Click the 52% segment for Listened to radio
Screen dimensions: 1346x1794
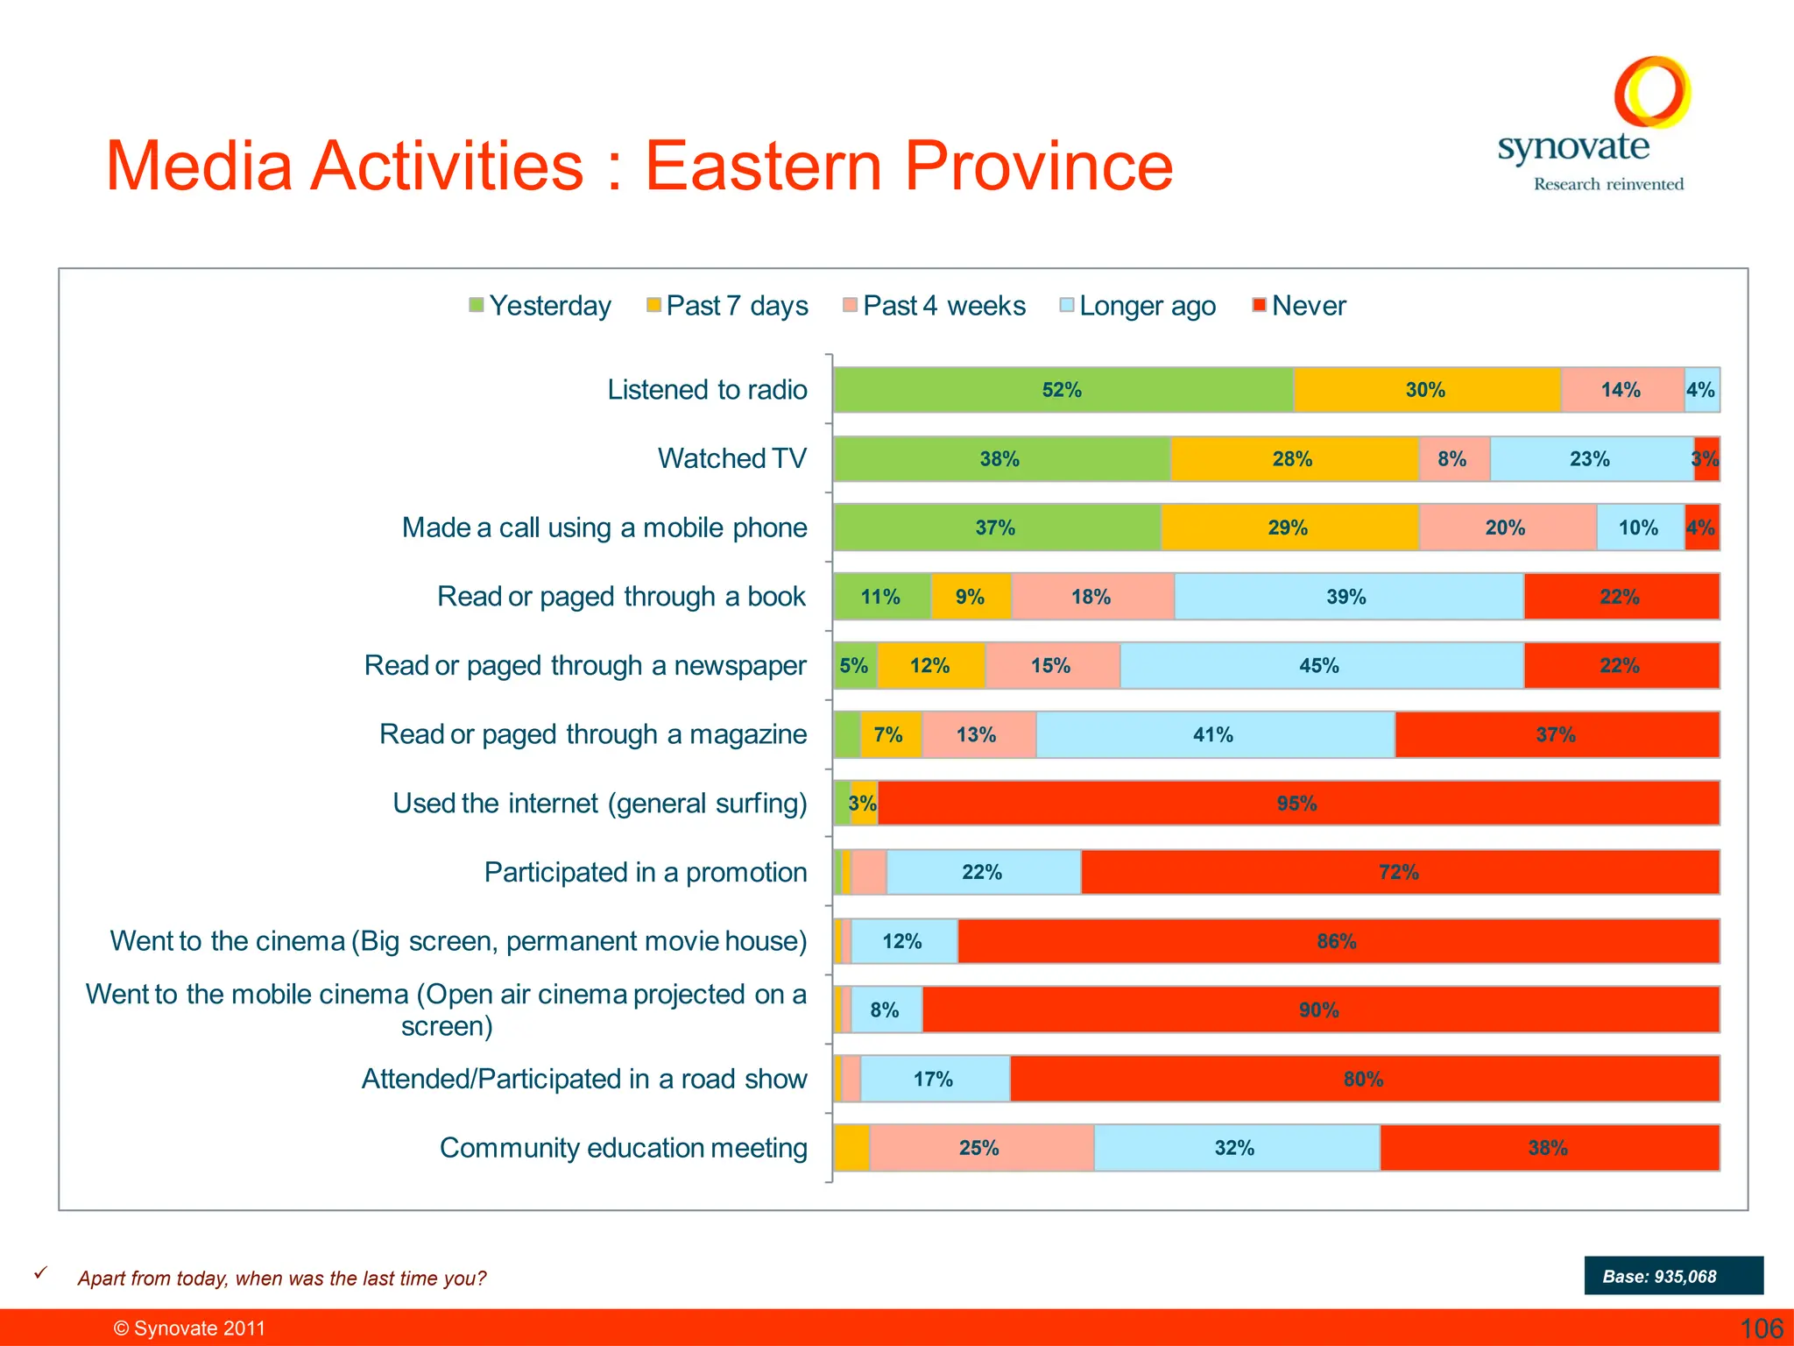pyautogui.click(x=1063, y=390)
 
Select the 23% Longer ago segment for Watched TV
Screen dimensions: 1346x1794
pyautogui.click(x=1591, y=459)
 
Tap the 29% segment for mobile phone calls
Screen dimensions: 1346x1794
pyautogui.click(x=1289, y=528)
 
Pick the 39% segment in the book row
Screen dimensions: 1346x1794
pyautogui.click(x=1347, y=597)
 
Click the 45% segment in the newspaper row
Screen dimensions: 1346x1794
pyautogui.click(x=1320, y=666)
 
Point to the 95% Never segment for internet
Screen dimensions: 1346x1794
pyautogui.click(x=1297, y=804)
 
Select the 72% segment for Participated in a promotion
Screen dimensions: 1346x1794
pyautogui.click(x=1399, y=872)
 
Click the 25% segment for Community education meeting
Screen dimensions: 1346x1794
pyautogui.click(x=980, y=1148)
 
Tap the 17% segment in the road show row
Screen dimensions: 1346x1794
pyautogui.click(x=934, y=1079)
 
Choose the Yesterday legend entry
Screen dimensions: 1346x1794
pyautogui.click(x=540, y=305)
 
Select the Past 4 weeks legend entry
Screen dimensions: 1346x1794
pyautogui.click(x=934, y=305)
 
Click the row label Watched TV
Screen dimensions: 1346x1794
pyautogui.click(x=731, y=458)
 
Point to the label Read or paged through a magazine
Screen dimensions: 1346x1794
pyautogui.click(x=592, y=734)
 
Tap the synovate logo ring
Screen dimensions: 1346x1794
pyautogui.click(x=1652, y=91)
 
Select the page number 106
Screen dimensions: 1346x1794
pyautogui.click(x=1761, y=1328)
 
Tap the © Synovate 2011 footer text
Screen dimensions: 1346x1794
pyautogui.click(x=189, y=1328)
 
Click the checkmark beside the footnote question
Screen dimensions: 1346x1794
pyautogui.click(x=40, y=1273)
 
